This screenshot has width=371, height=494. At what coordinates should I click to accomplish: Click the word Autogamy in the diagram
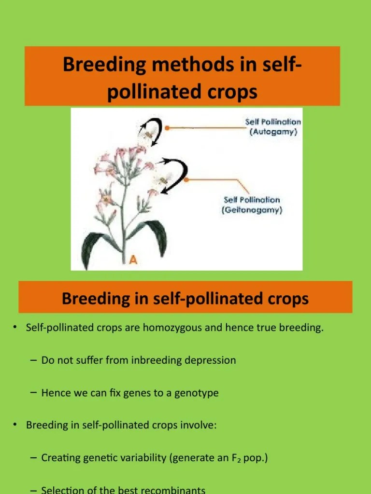(273, 132)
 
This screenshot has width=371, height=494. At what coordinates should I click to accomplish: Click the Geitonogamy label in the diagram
(252, 210)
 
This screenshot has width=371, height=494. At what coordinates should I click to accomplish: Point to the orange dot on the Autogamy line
(167, 128)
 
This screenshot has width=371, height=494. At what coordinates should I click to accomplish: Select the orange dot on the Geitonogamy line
(188, 179)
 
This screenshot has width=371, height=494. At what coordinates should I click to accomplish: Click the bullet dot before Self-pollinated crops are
(15, 329)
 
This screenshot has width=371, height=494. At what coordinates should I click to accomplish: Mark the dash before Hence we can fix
(33, 393)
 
